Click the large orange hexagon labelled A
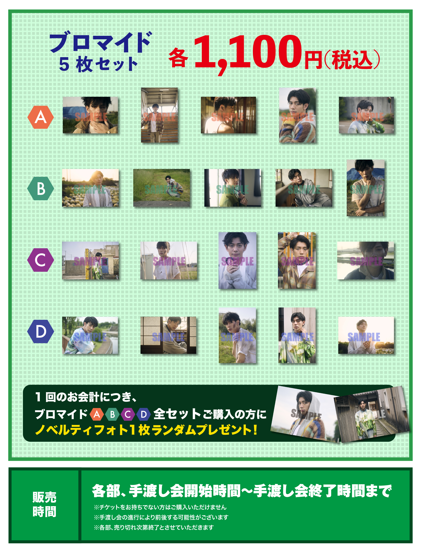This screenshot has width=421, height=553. click(x=41, y=117)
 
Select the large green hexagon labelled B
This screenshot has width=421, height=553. click(x=41, y=188)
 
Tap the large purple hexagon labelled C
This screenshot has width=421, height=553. click(x=41, y=260)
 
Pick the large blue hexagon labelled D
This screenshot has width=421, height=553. click(x=41, y=331)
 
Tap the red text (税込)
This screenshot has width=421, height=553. click(x=352, y=60)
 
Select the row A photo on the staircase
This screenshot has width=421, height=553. click(x=159, y=115)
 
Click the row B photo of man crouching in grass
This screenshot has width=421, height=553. click(x=161, y=188)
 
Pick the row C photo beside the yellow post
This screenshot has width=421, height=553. click(x=91, y=260)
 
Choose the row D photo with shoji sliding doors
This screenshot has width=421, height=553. click(x=168, y=335)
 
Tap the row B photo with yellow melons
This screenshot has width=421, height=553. click(x=91, y=188)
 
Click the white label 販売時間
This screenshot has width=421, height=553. click(x=44, y=505)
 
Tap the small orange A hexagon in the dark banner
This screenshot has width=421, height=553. click(x=97, y=414)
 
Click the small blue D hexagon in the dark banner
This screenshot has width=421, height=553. click(x=144, y=414)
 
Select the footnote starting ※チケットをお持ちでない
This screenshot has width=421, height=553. click(x=160, y=507)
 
